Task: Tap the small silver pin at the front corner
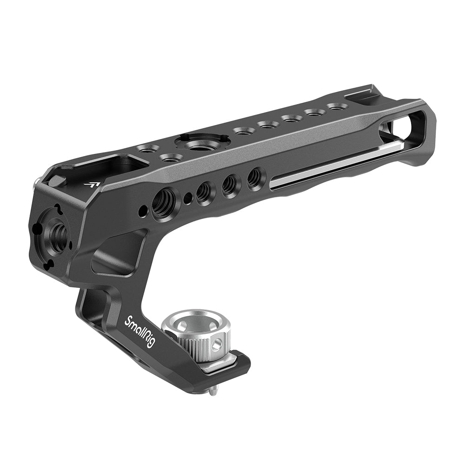36,185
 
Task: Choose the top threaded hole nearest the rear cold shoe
336,107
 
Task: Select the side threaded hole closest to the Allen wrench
254,178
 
